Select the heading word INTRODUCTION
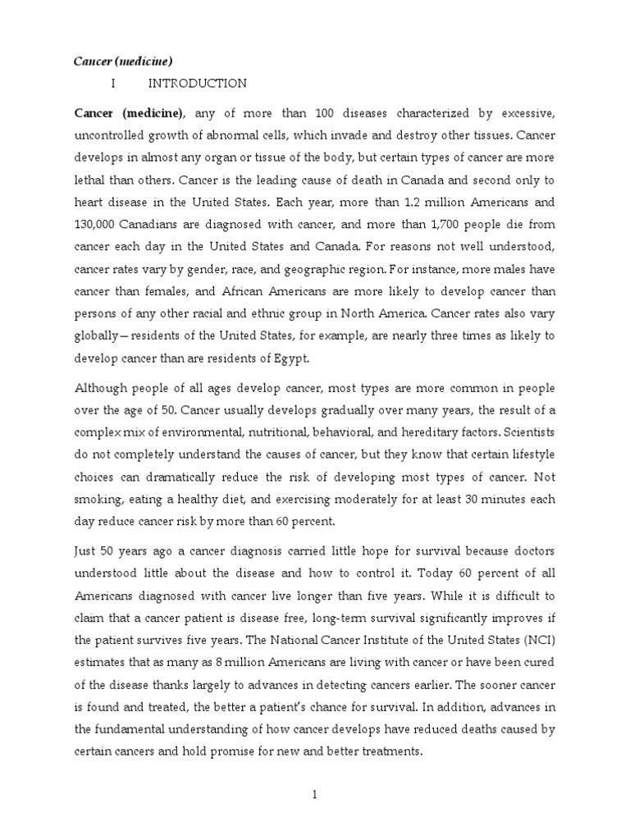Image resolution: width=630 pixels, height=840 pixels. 197,83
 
